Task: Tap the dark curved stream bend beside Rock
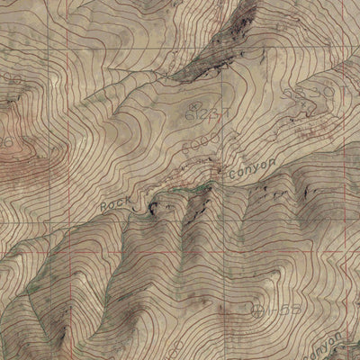(x=144, y=208)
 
